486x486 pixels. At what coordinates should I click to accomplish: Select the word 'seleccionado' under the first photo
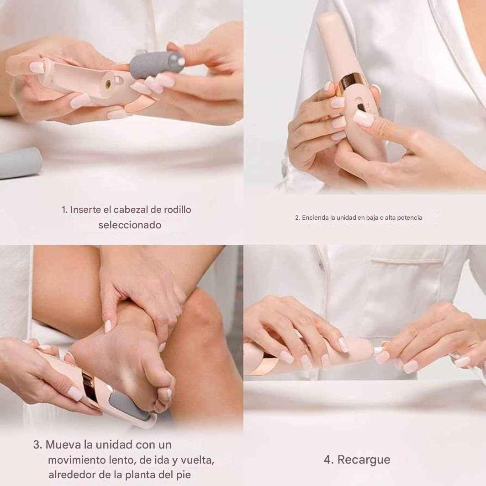(130, 225)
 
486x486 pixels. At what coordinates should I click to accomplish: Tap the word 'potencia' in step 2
(409, 217)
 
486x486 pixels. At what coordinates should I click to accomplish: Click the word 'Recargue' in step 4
(364, 460)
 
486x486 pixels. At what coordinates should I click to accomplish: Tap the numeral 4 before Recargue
(328, 460)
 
